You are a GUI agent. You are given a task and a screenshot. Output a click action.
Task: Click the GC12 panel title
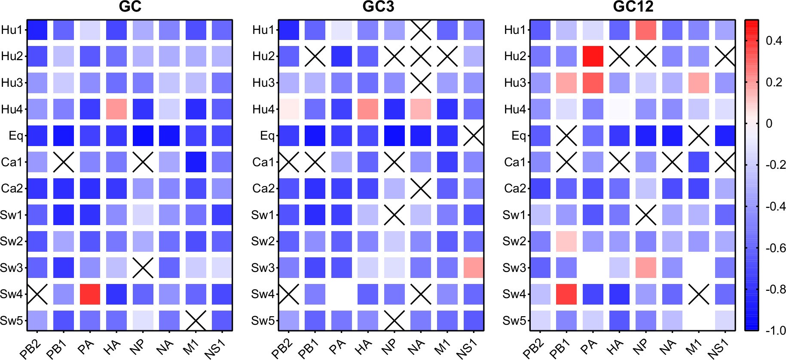[633, 7]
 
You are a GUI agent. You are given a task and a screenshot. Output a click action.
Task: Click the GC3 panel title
[378, 7]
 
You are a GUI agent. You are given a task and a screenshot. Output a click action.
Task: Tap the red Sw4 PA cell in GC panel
[90, 294]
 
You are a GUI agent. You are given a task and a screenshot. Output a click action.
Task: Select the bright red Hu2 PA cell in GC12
[593, 56]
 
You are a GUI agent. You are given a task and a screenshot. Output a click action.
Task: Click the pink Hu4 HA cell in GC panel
[116, 109]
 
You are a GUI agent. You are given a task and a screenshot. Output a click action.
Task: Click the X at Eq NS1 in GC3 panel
[474, 136]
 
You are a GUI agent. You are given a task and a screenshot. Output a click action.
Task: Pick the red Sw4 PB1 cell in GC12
[566, 294]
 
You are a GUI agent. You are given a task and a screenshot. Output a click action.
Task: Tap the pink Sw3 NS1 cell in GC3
[474, 268]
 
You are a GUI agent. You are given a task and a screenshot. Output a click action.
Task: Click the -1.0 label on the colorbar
[776, 331]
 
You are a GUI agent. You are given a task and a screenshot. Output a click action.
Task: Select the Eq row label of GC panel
[16, 136]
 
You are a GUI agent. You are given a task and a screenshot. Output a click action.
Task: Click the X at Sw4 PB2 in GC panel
[37, 294]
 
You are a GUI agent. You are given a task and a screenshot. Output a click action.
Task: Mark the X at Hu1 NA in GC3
[421, 30]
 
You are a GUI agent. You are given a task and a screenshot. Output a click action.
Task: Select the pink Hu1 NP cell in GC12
[646, 30]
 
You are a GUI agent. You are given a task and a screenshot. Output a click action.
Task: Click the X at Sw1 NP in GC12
[646, 215]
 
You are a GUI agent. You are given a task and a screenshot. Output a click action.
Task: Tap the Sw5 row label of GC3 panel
[263, 320]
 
